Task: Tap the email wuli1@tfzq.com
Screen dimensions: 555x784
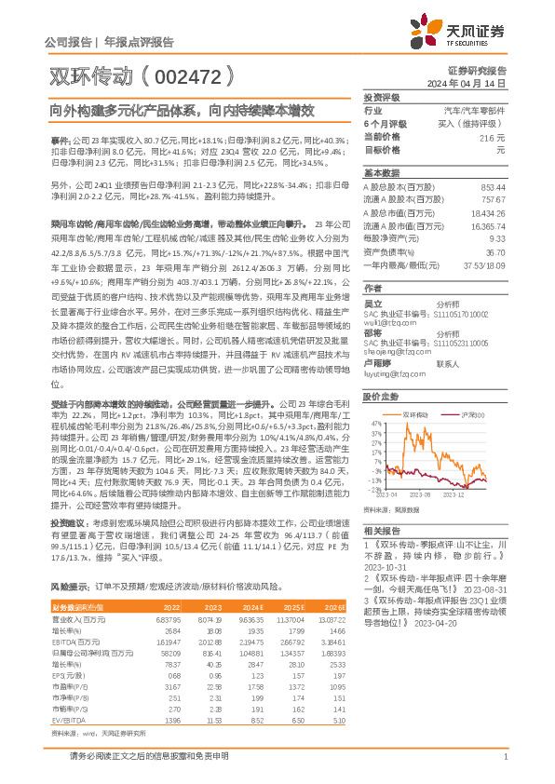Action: (x=390, y=322)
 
